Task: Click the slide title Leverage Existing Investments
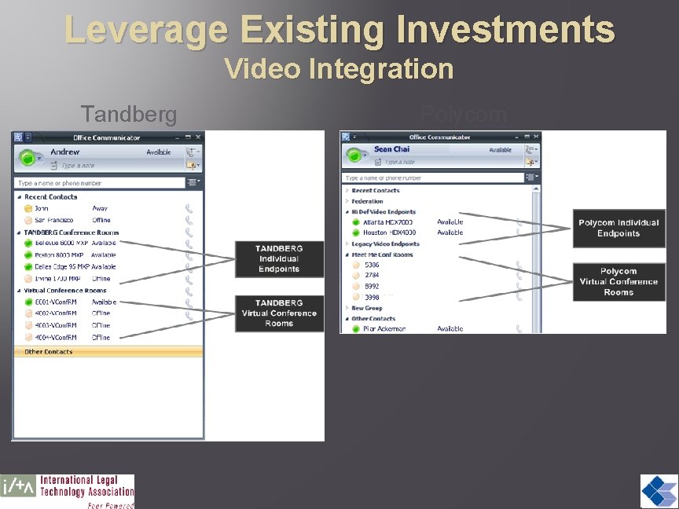point(339,29)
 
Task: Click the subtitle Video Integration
point(339,69)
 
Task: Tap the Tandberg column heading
point(129,115)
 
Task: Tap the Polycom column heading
point(463,115)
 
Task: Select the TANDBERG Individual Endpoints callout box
point(278,258)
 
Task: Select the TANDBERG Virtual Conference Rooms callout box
point(278,313)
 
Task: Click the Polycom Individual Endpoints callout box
point(618,228)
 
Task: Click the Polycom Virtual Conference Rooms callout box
point(618,281)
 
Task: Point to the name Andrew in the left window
point(65,152)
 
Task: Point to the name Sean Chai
point(391,149)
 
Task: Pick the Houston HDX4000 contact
point(389,233)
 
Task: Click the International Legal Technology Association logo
point(68,492)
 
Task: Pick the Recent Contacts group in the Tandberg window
point(50,197)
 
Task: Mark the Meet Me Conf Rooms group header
point(382,255)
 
